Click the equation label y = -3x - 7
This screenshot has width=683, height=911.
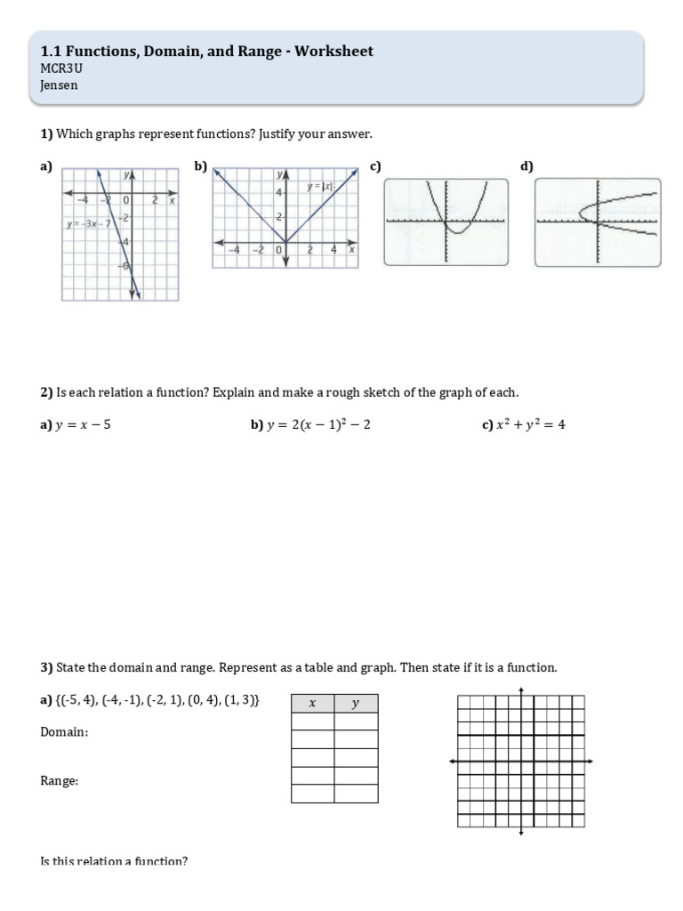coord(88,222)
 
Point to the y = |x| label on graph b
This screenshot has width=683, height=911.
coord(321,186)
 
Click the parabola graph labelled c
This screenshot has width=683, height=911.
coord(446,222)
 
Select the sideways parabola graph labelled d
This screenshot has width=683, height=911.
coord(598,222)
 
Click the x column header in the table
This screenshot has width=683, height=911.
coord(312,704)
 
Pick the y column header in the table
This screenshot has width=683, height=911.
coord(356,704)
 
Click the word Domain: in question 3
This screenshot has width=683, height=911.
coord(64,732)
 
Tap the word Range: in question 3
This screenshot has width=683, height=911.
coord(60,780)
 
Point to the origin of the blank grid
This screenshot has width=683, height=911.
coord(520,761)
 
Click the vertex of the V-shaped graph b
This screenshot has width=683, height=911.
coord(285,241)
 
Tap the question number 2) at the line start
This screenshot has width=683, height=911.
coord(47,392)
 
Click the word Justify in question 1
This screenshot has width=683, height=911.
coord(282,133)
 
